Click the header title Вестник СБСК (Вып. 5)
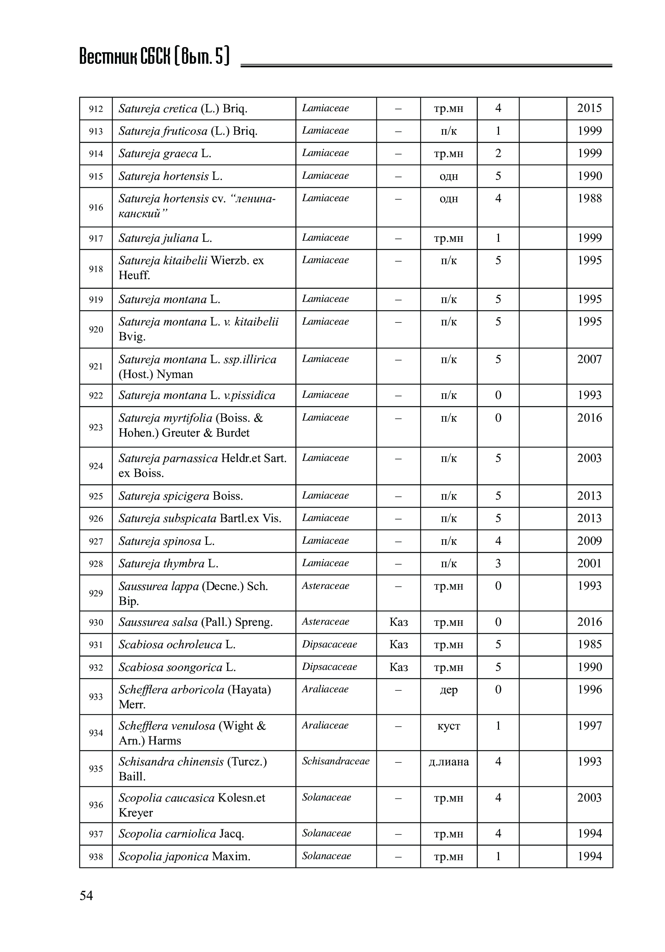coord(154,57)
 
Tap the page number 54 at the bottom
coord(86,896)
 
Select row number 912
coord(96,109)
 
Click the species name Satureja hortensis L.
coord(170,176)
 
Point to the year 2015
coord(589,108)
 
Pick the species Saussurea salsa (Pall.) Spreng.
coord(195,622)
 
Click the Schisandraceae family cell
coord(336,761)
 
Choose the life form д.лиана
coord(449,762)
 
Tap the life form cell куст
coord(449,725)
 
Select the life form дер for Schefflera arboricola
coord(449,690)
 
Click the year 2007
coord(589,359)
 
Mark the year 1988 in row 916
coord(589,198)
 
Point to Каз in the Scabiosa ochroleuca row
coord(399,644)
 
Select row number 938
coord(96,856)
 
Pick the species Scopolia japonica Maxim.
coord(184,856)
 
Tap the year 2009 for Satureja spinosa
coord(589,541)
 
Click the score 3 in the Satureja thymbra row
coord(498,563)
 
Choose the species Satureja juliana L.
coord(165,238)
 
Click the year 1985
coord(589,644)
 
